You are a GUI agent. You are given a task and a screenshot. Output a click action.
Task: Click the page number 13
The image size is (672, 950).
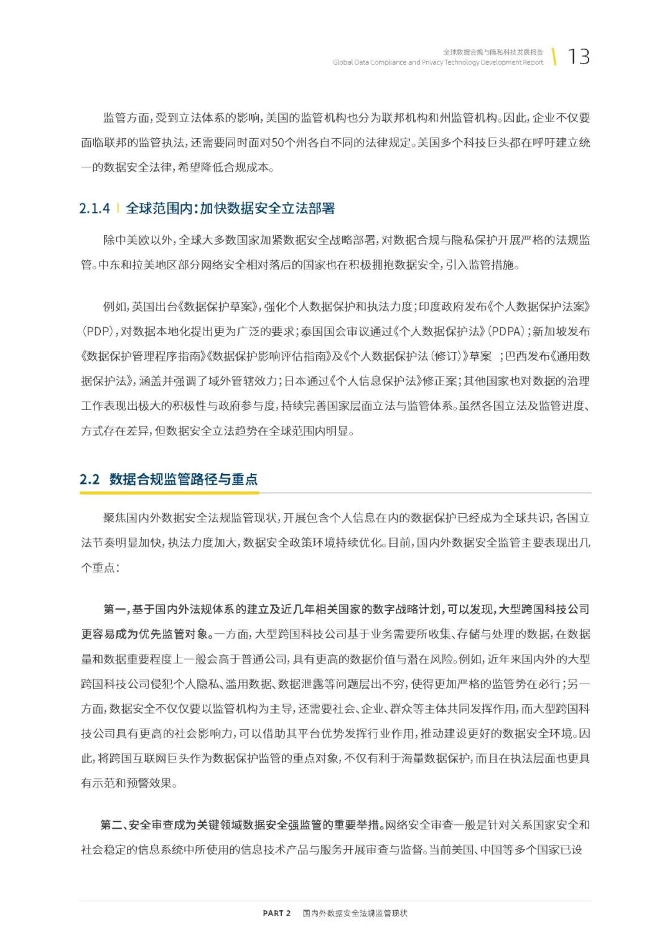[579, 57]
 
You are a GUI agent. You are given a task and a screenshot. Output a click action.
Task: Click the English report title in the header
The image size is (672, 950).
[437, 62]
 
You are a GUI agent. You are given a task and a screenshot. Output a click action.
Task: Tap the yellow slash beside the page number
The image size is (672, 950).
[554, 56]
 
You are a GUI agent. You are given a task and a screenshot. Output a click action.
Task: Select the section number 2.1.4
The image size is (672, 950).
[95, 208]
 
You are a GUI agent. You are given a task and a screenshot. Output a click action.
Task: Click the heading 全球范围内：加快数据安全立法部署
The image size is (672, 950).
[230, 208]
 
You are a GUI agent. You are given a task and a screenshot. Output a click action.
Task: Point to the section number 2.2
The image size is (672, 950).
[90, 479]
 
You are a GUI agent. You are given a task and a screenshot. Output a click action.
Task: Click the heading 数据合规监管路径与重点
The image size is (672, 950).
[184, 479]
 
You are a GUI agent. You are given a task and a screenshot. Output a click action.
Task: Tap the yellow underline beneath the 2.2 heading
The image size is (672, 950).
[169, 493]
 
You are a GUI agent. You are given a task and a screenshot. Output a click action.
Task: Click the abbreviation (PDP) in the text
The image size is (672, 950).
[97, 332]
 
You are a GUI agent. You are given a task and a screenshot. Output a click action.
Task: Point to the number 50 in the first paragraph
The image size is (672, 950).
[279, 142]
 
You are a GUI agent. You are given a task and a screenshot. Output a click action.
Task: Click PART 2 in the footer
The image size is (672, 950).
[276, 913]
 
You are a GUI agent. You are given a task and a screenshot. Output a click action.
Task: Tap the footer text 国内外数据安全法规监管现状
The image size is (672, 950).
[355, 913]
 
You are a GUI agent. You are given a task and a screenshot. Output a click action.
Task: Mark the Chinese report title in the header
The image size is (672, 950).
[493, 52]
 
